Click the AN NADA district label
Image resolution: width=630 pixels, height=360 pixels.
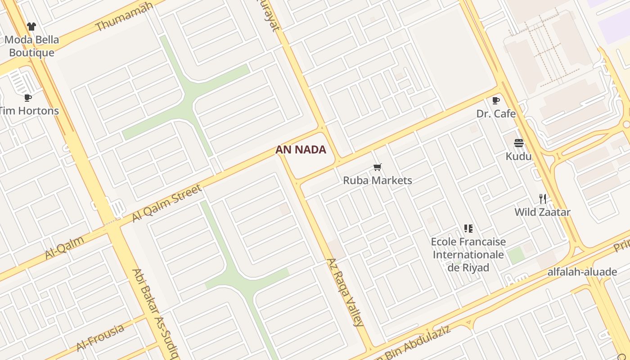tap(301, 150)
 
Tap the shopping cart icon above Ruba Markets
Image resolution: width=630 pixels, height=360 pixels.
tap(378, 167)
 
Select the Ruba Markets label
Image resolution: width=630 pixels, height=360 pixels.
tap(378, 180)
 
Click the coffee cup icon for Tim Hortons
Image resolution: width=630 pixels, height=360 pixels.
tap(28, 98)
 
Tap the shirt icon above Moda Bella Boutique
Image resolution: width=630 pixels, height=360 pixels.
tap(31, 27)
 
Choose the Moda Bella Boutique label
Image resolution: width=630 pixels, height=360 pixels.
tap(31, 46)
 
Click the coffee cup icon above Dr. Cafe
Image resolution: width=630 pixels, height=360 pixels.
tap(496, 100)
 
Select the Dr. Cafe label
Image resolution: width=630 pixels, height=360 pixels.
tap(496, 113)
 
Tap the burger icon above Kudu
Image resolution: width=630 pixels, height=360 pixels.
tap(519, 143)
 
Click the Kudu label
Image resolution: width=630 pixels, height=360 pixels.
tap(518, 156)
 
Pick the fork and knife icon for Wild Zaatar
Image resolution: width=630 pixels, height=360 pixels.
tap(543, 198)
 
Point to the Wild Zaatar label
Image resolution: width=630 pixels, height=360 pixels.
tap(542, 212)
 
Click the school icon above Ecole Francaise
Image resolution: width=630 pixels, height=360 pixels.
tap(468, 229)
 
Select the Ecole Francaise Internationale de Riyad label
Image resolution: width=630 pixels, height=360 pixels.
tap(468, 254)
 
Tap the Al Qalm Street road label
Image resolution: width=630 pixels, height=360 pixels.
tap(167, 203)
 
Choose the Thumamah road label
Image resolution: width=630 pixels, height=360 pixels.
tap(125, 17)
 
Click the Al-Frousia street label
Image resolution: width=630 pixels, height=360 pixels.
tap(100, 337)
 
